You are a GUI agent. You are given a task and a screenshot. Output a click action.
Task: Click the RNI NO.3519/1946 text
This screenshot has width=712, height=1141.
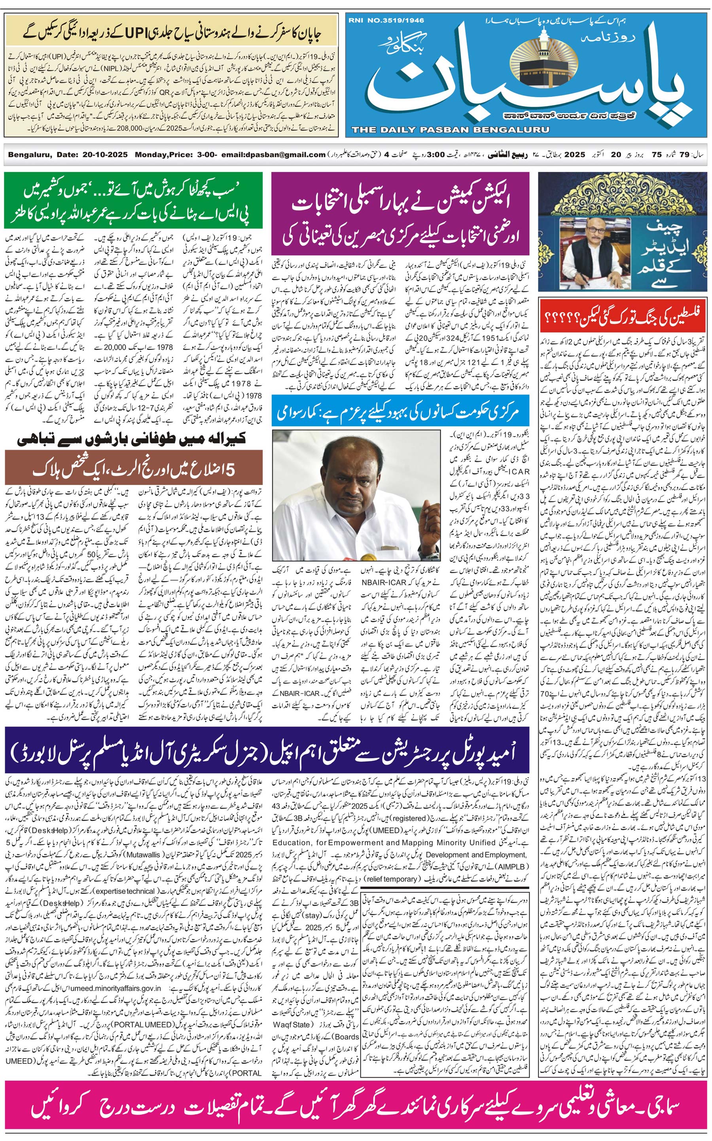[x=386, y=21]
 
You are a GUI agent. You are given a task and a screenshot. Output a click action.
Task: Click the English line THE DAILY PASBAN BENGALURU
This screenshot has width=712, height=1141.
[x=450, y=129]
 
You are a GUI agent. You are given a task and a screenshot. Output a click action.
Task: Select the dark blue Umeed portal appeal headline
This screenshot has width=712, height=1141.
[x=267, y=749]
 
